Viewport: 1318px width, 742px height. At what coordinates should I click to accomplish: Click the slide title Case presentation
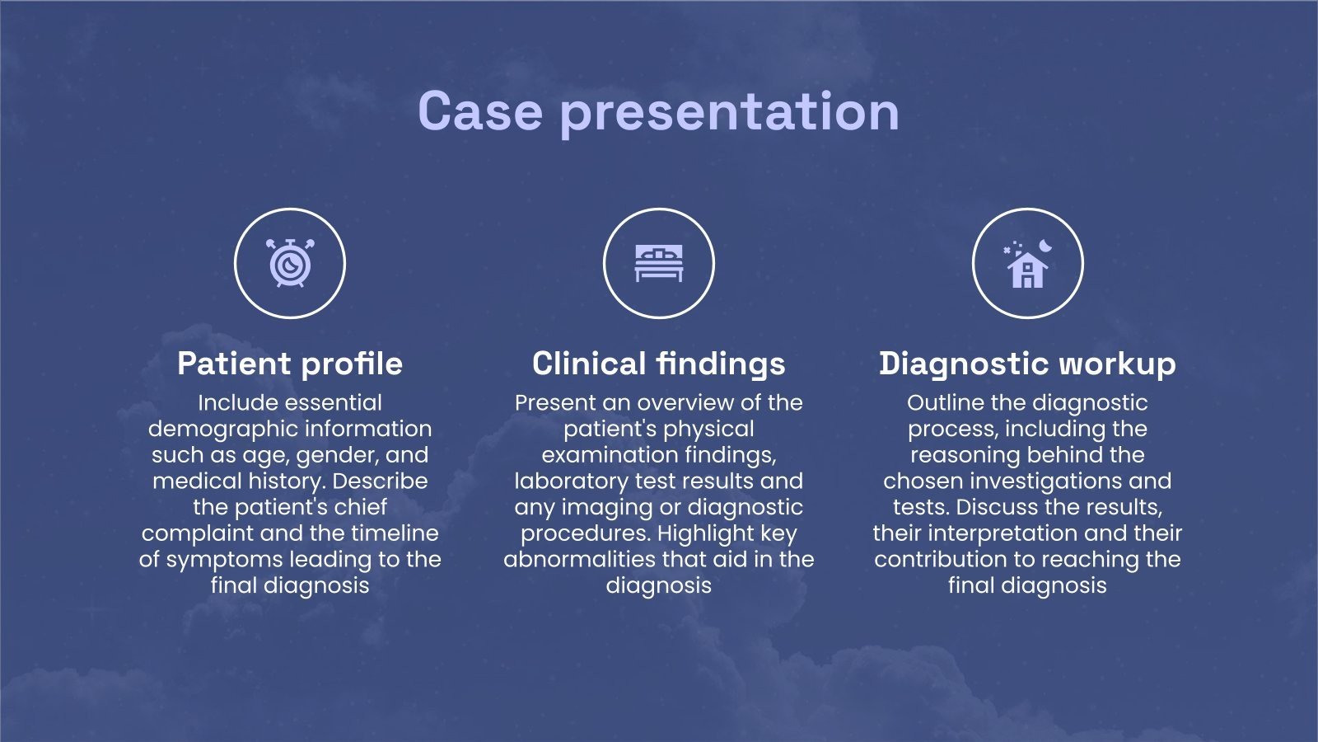(x=658, y=112)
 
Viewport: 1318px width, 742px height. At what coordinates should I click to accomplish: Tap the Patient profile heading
(x=290, y=364)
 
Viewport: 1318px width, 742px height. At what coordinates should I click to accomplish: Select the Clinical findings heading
(x=659, y=364)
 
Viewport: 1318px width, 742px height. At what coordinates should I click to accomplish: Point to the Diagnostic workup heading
(x=1027, y=364)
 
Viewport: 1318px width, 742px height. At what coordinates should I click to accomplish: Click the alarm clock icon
(x=290, y=263)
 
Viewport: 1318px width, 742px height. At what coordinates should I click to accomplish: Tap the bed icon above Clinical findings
(x=659, y=263)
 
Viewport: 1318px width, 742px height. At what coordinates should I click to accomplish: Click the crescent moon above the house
(x=1045, y=245)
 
